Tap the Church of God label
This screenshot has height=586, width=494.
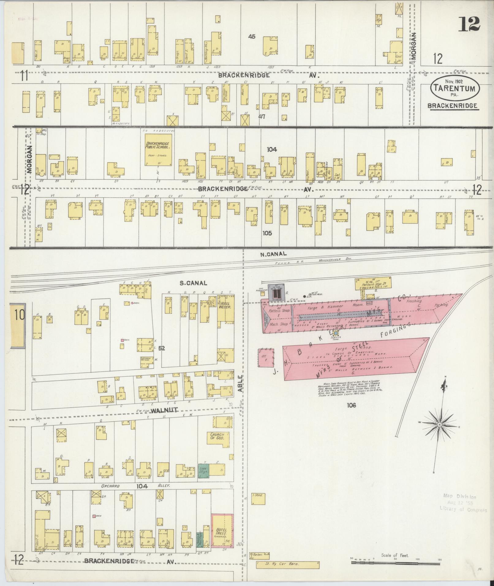coord(217,436)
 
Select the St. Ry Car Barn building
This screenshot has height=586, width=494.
coord(288,564)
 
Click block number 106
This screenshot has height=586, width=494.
coord(351,405)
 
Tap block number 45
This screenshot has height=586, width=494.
coord(252,37)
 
